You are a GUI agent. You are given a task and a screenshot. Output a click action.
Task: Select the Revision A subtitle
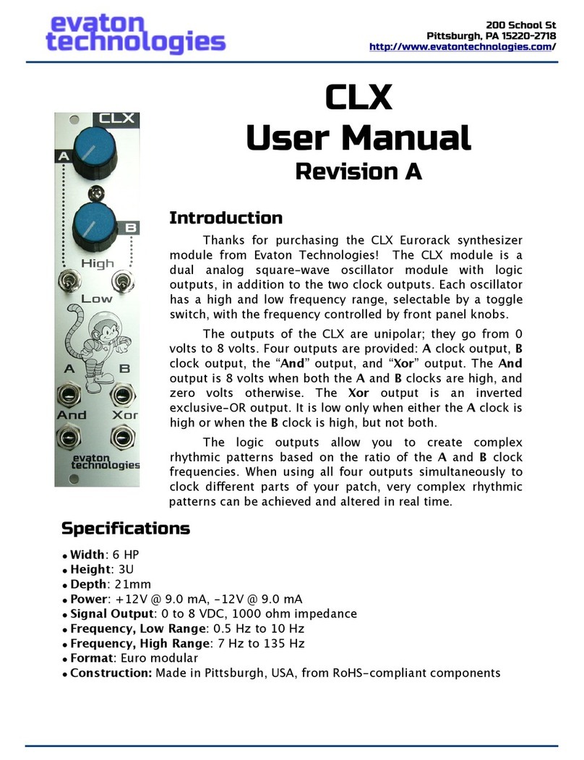[x=358, y=171]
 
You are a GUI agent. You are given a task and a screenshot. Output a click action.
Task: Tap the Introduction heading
[x=225, y=218]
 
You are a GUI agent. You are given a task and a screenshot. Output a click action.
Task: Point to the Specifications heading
[x=125, y=529]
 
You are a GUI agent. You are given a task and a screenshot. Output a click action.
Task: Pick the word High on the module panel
[x=97, y=263]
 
